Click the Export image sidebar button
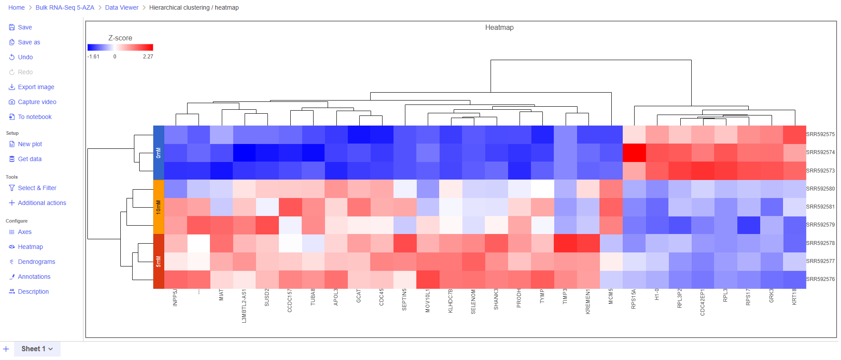click(x=36, y=87)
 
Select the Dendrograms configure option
click(x=36, y=262)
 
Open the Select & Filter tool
click(x=37, y=188)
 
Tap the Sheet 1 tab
click(x=37, y=349)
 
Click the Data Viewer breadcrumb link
click(x=122, y=7)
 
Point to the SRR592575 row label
click(x=820, y=134)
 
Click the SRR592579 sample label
click(x=820, y=225)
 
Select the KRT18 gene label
click(x=794, y=297)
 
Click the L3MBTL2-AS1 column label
click(x=244, y=306)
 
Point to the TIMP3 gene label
click(x=565, y=296)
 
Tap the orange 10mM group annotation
click(x=159, y=207)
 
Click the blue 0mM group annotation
click(x=159, y=153)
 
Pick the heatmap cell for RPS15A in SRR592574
click(x=634, y=153)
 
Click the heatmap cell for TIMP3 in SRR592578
click(x=565, y=243)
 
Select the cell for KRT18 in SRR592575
click(x=794, y=135)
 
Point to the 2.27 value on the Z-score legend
click(x=148, y=57)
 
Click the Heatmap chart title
click(x=499, y=28)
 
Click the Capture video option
click(x=37, y=102)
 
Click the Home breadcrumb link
click(x=17, y=7)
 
